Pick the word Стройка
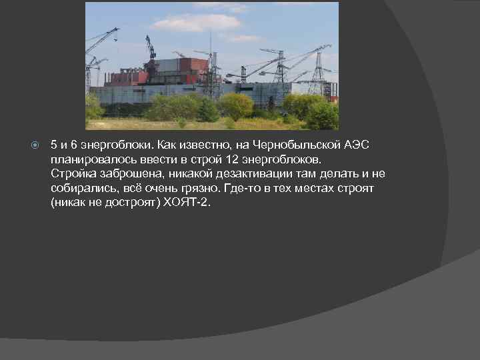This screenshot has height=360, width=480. (x=69, y=174)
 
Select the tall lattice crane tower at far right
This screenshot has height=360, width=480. (x=319, y=73)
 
